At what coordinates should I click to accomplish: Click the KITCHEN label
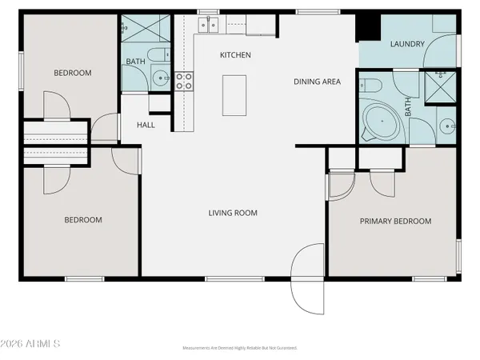point(236,55)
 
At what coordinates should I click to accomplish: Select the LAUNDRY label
point(406,45)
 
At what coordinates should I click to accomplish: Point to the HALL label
point(146,125)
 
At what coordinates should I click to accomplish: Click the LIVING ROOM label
point(233,213)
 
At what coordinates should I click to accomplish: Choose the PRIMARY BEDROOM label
point(395,222)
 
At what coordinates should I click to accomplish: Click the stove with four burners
point(184,80)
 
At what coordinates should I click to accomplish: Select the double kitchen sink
point(210,26)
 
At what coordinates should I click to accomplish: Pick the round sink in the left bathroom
point(161,78)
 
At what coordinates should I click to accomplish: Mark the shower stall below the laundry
point(439,87)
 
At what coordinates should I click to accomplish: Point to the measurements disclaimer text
point(240,349)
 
